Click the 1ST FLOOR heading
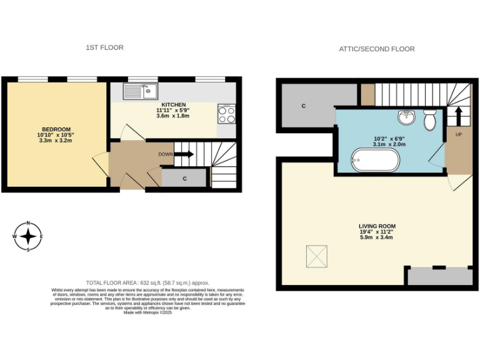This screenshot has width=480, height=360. tap(104, 47)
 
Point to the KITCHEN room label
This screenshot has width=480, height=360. tap(173, 104)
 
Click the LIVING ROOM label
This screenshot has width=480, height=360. tap(377, 226)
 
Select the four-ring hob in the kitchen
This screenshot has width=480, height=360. tap(226, 114)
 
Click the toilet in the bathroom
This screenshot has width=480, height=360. tap(429, 119)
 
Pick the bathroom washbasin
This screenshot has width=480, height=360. tap(407, 117)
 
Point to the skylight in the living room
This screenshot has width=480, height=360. tap(317, 256)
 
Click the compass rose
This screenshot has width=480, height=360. tap(28, 237)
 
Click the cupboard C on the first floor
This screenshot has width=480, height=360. tap(184, 178)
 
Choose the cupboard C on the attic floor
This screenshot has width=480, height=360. tap(304, 106)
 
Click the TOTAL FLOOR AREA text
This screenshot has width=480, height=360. tap(147, 283)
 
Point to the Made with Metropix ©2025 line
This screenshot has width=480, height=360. tap(147, 312)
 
